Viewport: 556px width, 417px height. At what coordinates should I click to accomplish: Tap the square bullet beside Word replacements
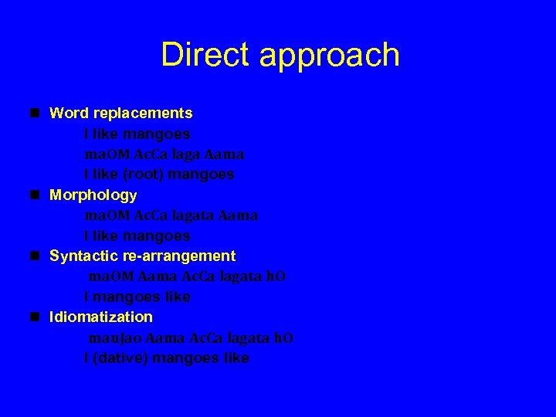pyautogui.click(x=36, y=113)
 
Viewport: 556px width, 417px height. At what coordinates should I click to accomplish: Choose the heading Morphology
pyautogui.click(x=93, y=195)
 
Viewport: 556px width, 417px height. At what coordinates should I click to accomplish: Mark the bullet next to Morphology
pyautogui.click(x=36, y=195)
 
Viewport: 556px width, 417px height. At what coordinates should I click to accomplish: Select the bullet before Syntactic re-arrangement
pyautogui.click(x=36, y=256)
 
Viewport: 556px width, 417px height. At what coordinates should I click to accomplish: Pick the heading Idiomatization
pyautogui.click(x=101, y=317)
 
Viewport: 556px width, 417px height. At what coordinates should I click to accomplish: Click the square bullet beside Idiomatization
pyautogui.click(x=36, y=317)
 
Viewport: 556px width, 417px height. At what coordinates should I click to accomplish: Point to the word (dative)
pyautogui.click(x=123, y=358)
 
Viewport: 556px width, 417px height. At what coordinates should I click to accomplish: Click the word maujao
pyautogui.click(x=114, y=337)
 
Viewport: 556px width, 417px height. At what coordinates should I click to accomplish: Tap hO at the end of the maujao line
pyautogui.click(x=284, y=337)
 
